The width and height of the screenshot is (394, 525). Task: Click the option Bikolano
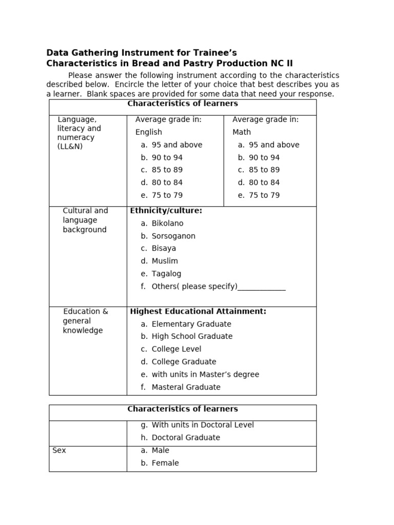pos(167,224)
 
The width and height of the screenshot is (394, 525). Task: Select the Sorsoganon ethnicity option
pos(173,236)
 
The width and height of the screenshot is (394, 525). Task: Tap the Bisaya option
pos(164,249)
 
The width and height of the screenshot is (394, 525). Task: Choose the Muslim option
pos(165,261)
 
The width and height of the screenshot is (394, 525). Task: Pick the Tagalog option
pos(166,274)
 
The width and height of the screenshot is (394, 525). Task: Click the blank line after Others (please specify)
pos(262,287)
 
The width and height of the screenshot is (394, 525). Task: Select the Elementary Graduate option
pos(191,324)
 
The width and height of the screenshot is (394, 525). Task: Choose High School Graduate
pos(192,336)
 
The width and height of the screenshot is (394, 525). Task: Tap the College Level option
pos(176,349)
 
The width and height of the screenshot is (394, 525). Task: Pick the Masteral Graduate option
pos(186,387)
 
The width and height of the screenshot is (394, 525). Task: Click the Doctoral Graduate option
pos(186,438)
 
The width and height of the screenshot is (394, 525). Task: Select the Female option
pos(165,463)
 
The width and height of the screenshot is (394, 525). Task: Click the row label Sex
pos(59,451)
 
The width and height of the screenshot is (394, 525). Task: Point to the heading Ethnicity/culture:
pos(166,211)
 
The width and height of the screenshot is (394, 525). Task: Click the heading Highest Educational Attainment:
pos(198,311)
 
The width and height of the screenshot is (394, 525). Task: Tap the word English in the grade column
pos(149,132)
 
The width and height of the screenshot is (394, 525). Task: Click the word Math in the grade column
pos(242,132)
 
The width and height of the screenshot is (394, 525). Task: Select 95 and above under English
pos(177,145)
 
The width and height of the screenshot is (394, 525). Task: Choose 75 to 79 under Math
pos(264,195)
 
